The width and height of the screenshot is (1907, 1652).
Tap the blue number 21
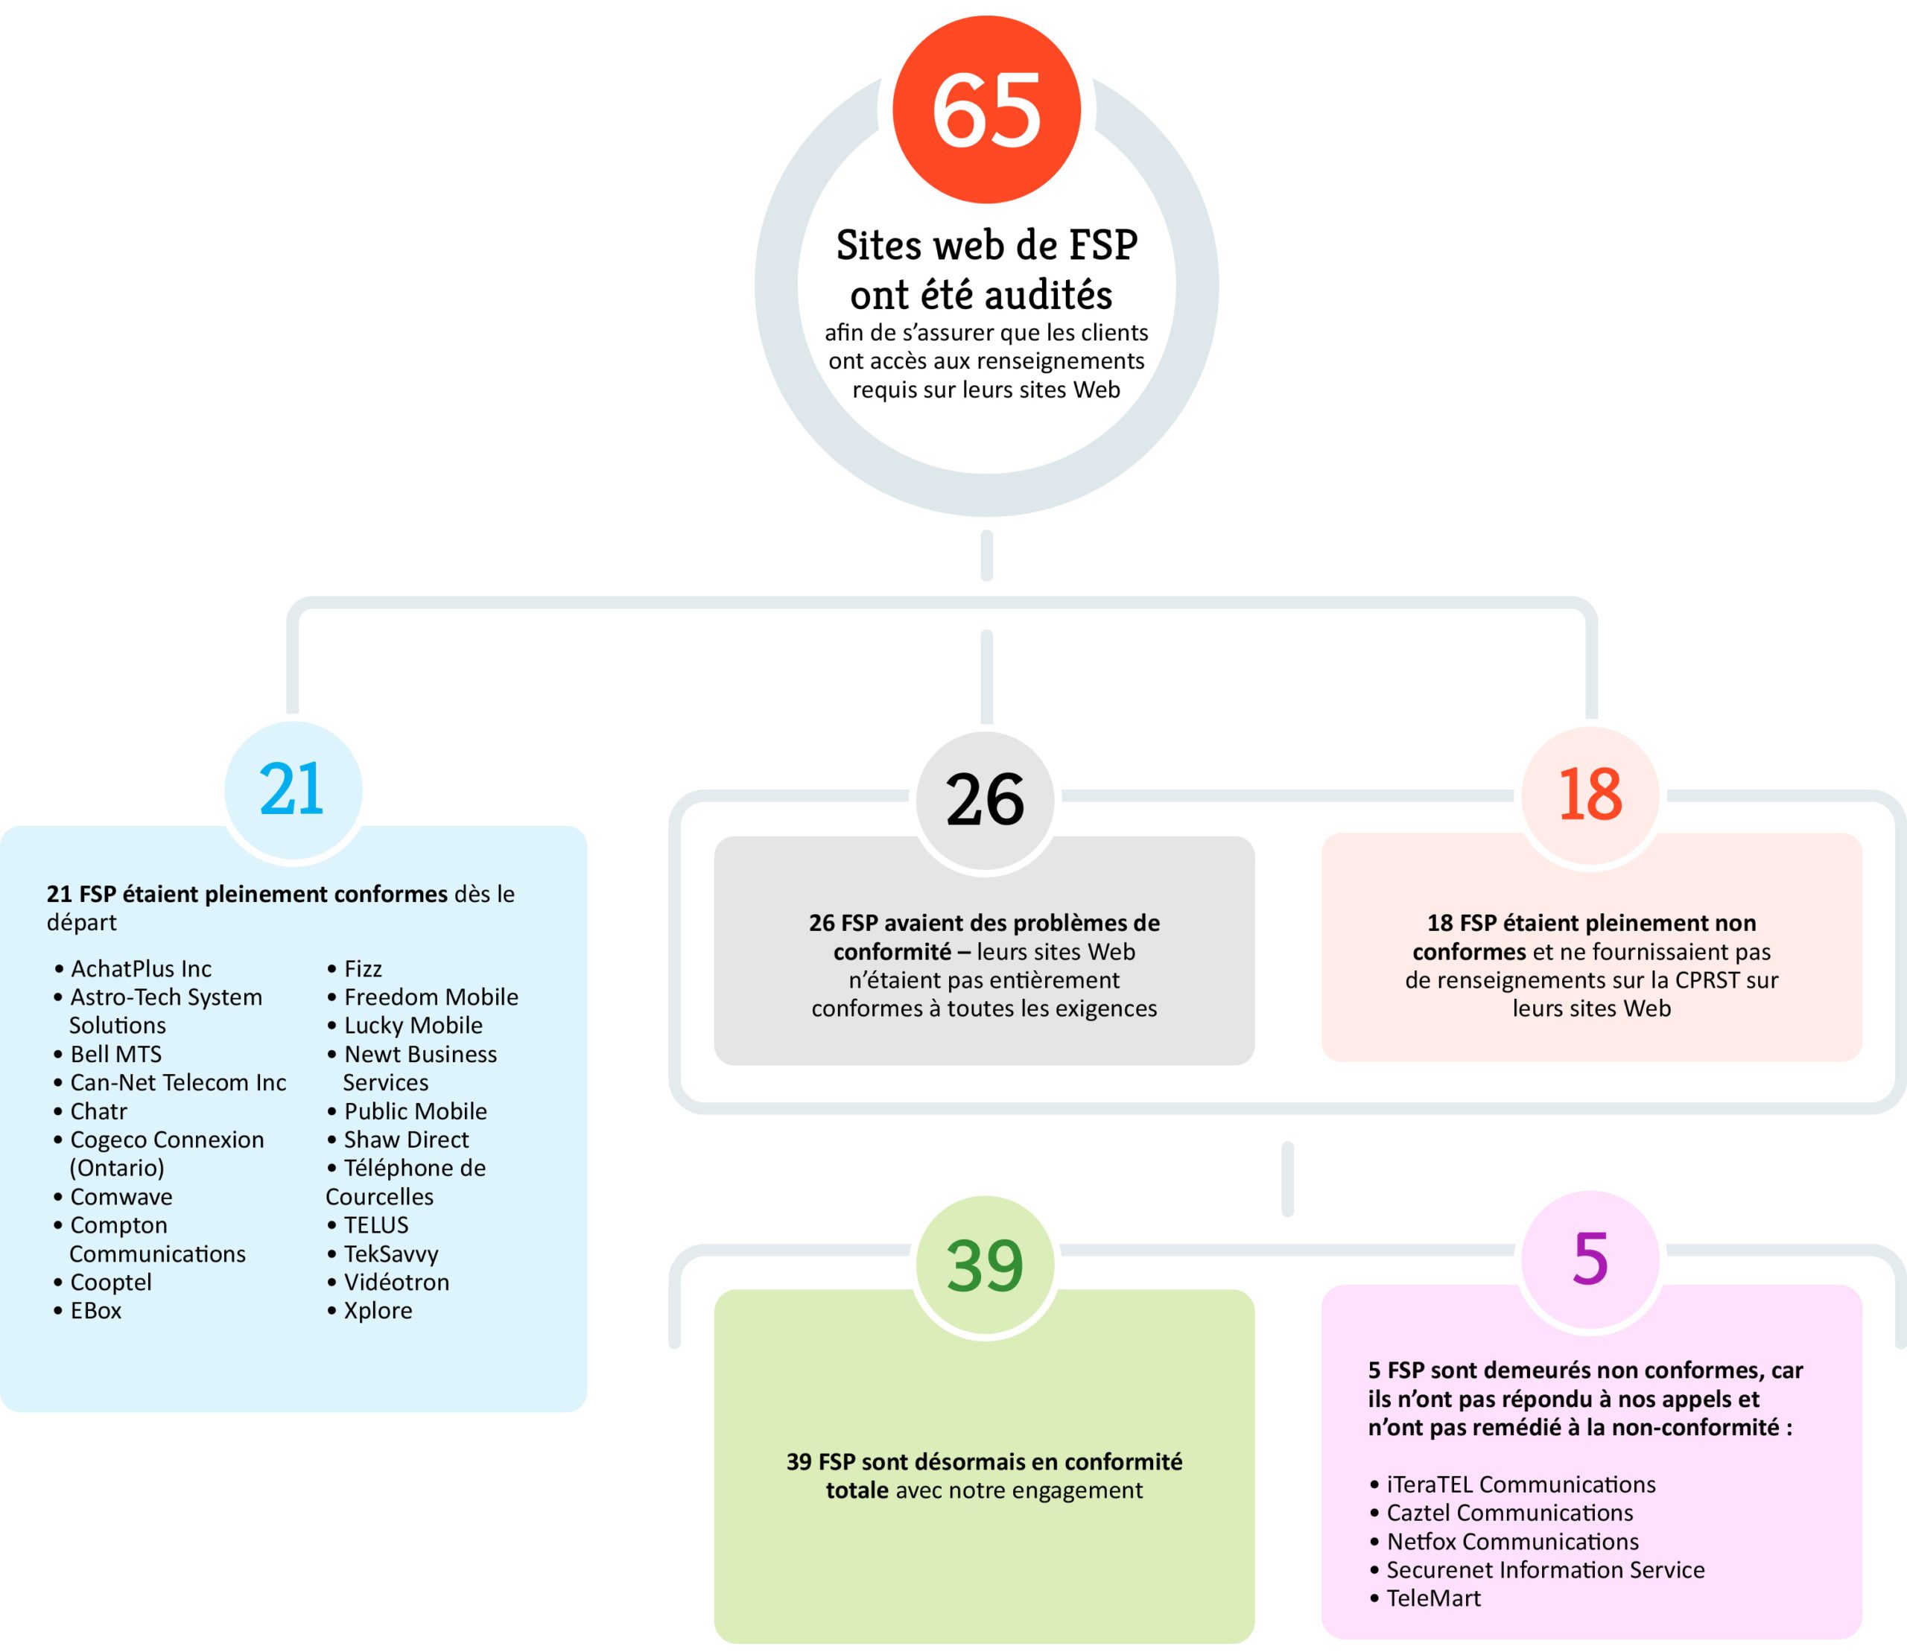[291, 790]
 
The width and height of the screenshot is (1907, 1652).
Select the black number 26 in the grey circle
[984, 799]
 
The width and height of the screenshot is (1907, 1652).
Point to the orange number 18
[1590, 795]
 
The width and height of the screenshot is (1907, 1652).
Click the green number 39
[984, 1265]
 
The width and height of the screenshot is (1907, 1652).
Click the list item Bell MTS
[116, 1054]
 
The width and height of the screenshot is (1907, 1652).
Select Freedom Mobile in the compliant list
[431, 997]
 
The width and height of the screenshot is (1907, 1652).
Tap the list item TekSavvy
[391, 1254]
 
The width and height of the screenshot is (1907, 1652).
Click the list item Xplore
[378, 1310]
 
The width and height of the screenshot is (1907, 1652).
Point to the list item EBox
[96, 1310]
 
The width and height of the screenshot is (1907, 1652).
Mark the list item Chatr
[98, 1111]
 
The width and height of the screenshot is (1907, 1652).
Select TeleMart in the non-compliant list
[1433, 1598]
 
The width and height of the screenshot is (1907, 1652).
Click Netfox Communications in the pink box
[1512, 1541]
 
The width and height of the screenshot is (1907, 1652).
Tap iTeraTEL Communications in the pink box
[1520, 1484]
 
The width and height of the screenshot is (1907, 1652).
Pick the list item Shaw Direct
[406, 1140]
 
